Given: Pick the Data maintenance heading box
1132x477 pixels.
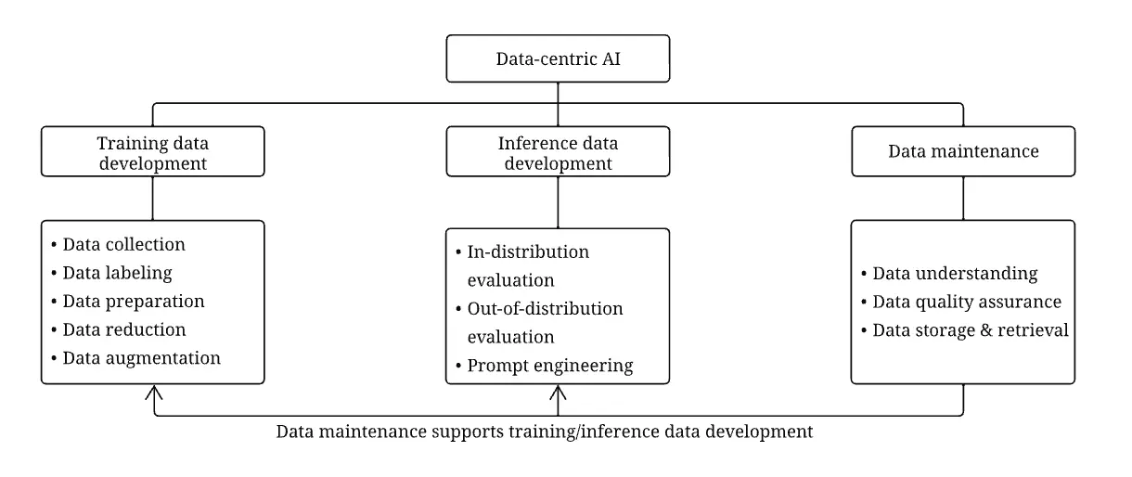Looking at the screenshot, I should pyautogui.click(x=962, y=150).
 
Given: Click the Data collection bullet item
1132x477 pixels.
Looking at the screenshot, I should pyautogui.click(x=123, y=245).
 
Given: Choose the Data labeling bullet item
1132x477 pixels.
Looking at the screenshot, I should pyautogui.click(x=117, y=273).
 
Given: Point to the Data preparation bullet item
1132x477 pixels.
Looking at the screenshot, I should pyautogui.click(x=133, y=302).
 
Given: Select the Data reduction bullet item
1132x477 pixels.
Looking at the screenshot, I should pyautogui.click(x=123, y=329).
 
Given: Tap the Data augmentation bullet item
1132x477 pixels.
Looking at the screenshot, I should pyautogui.click(x=141, y=357).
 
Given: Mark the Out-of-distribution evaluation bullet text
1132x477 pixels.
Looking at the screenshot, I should pyautogui.click(x=546, y=322).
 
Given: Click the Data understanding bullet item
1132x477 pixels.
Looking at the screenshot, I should pyautogui.click(x=955, y=274).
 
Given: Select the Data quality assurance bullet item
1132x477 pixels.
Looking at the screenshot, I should pyautogui.click(x=967, y=302).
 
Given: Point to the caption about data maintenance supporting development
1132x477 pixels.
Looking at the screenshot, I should pyautogui.click(x=545, y=432).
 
